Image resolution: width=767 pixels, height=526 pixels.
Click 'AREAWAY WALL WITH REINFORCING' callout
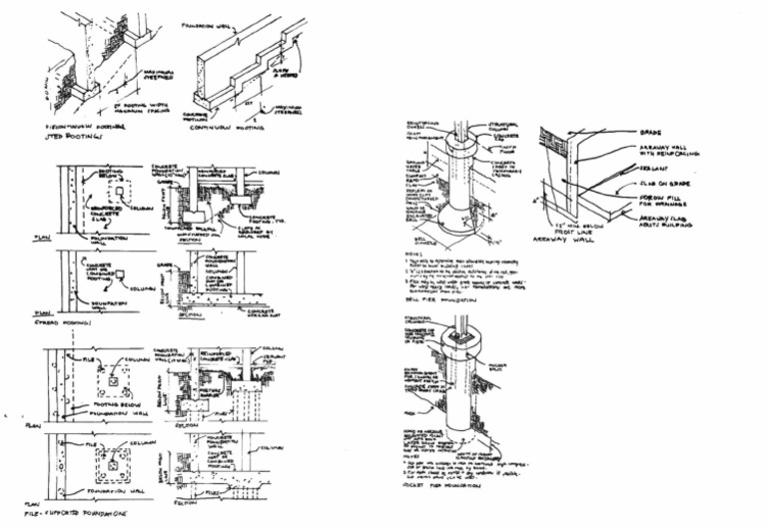(666, 151)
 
